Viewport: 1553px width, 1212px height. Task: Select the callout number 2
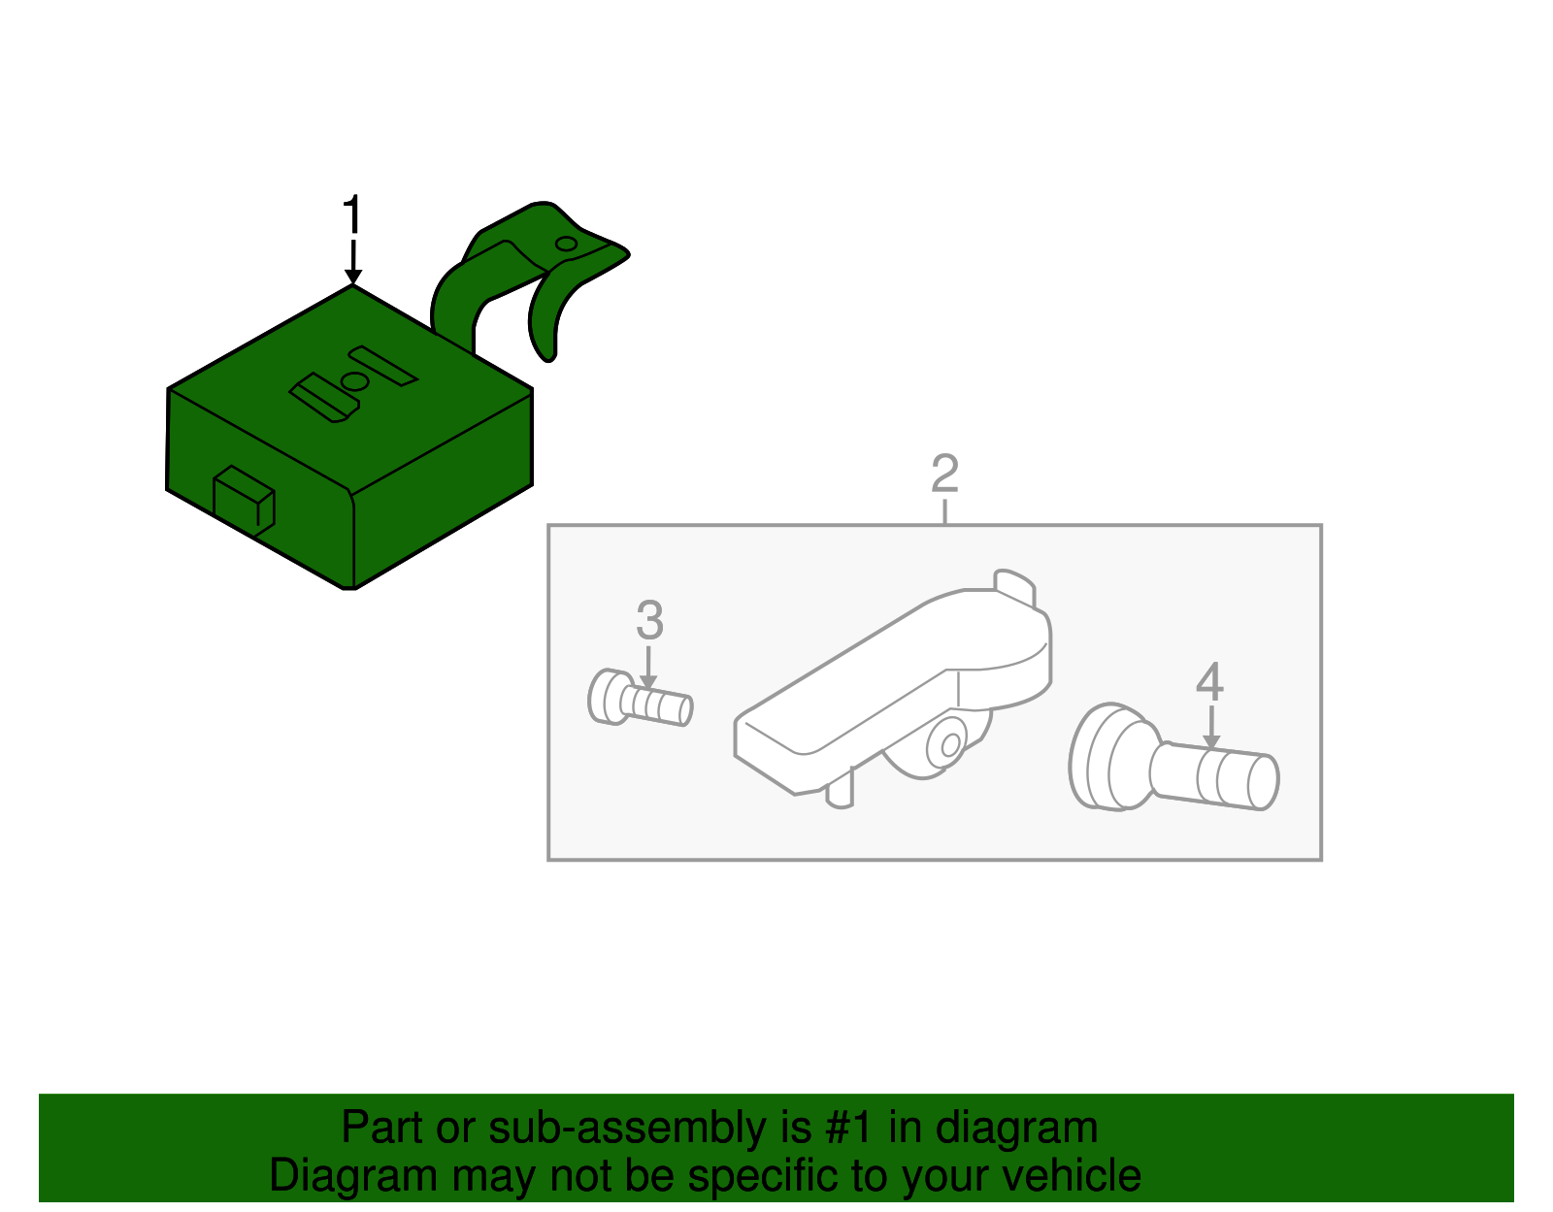pos(944,474)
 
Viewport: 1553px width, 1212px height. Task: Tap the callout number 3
pos(649,621)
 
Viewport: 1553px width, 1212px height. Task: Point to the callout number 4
pos(1210,681)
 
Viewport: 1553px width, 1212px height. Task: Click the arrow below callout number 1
pos(353,263)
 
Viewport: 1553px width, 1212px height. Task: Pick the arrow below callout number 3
pos(648,669)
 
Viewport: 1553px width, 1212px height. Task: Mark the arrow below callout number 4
pos(1210,728)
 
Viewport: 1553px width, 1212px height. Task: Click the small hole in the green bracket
pos(566,245)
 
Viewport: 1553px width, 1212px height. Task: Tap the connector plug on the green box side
pos(244,501)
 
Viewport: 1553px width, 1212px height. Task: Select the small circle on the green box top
pos(355,382)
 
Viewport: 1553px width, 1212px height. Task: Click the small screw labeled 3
pos(641,698)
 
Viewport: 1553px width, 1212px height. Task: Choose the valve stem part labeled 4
pos(1173,757)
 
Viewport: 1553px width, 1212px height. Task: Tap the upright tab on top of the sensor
pos(1015,588)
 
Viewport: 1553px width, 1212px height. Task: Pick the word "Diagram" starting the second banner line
pos(353,1176)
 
